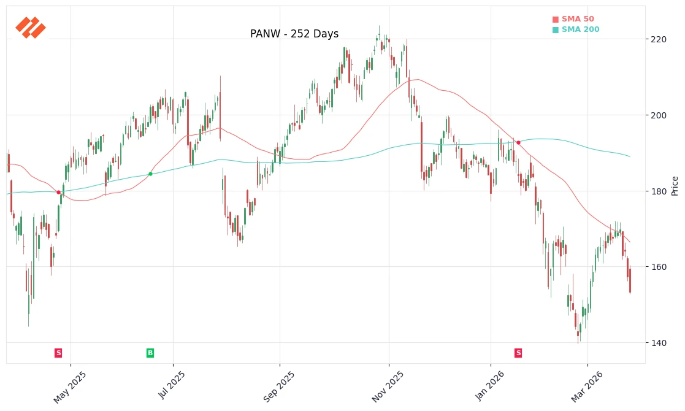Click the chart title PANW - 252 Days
[x=294, y=34]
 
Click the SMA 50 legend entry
[x=573, y=20]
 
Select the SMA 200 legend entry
[x=576, y=29]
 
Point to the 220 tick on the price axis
[x=658, y=39]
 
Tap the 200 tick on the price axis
[x=658, y=115]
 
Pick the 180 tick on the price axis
[x=658, y=191]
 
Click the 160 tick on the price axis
[x=658, y=267]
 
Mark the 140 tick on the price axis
[x=658, y=343]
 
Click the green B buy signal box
[x=150, y=353]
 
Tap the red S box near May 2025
[x=58, y=353]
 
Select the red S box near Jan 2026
[x=518, y=353]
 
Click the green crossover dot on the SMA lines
[x=150, y=174]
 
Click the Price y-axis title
[x=675, y=185]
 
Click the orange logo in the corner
[x=31, y=28]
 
